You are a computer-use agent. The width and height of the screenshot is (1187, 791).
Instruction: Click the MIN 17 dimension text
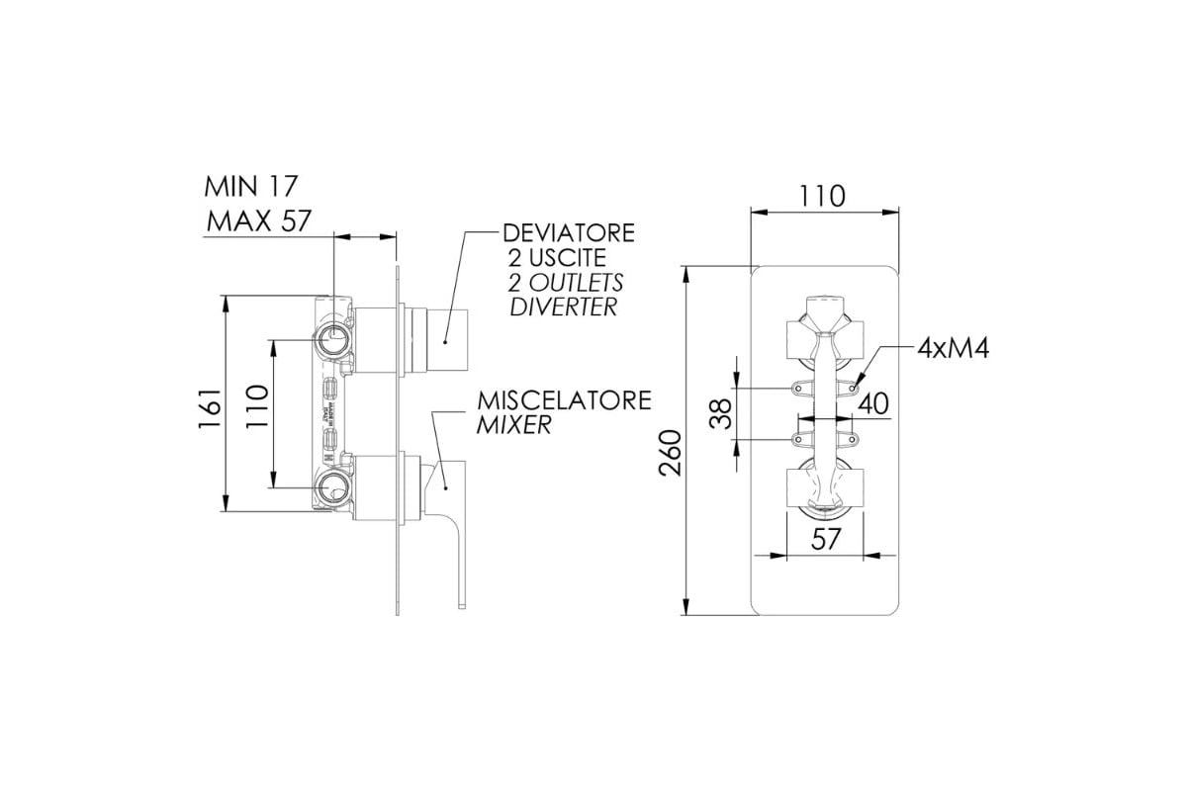[x=251, y=187]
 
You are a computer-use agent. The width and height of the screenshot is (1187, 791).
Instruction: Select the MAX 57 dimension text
[x=257, y=221]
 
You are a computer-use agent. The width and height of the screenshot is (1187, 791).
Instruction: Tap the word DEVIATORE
[x=569, y=234]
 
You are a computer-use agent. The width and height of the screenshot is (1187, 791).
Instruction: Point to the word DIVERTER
[x=563, y=307]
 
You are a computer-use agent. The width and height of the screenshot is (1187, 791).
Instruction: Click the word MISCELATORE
[x=565, y=401]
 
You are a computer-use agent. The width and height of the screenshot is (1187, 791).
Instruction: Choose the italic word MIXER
[x=513, y=426]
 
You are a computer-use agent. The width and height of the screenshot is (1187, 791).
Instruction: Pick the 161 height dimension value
[x=207, y=406]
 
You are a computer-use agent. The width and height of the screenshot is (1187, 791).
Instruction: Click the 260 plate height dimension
[x=670, y=453]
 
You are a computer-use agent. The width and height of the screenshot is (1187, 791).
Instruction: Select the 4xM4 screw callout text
[x=954, y=348]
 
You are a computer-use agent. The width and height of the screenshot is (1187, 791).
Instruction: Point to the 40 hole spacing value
[x=872, y=403]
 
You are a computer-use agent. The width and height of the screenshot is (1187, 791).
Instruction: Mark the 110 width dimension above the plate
[x=824, y=197]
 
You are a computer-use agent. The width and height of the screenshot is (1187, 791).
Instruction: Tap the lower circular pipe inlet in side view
[x=333, y=486]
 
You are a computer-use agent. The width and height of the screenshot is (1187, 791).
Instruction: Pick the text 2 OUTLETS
[x=566, y=283]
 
